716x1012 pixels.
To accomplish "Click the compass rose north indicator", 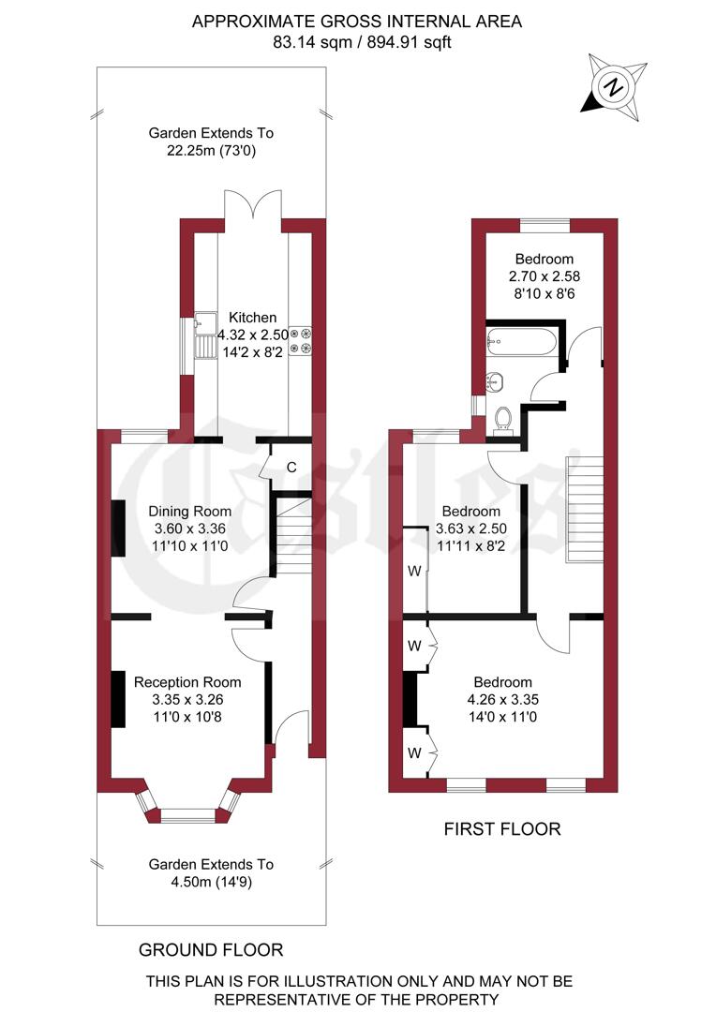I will tap(614, 86).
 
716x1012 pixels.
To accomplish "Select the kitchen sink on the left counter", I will tap(202, 338).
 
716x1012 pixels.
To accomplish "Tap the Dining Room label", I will tap(191, 512).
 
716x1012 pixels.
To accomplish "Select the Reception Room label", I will tap(187, 682).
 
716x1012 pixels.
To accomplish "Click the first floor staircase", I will tap(582, 506).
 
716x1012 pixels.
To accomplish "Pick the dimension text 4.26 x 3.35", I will tap(502, 699).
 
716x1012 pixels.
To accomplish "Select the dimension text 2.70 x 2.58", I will tap(543, 276).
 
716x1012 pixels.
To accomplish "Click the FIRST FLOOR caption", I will tap(502, 828).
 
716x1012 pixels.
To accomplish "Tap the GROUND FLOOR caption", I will tap(211, 949).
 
